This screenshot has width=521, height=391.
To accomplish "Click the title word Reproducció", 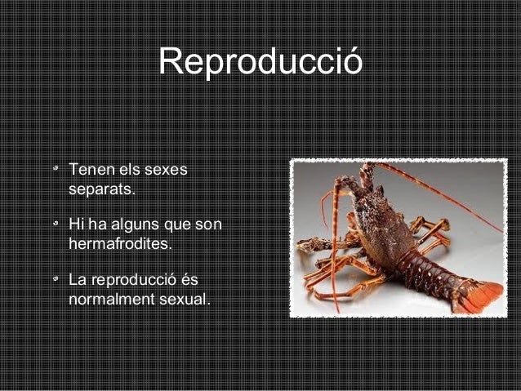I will (260, 61).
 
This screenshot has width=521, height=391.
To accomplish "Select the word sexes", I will (165, 171).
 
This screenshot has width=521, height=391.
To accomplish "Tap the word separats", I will (100, 191).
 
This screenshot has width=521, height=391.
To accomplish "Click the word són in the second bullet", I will (208, 224).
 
